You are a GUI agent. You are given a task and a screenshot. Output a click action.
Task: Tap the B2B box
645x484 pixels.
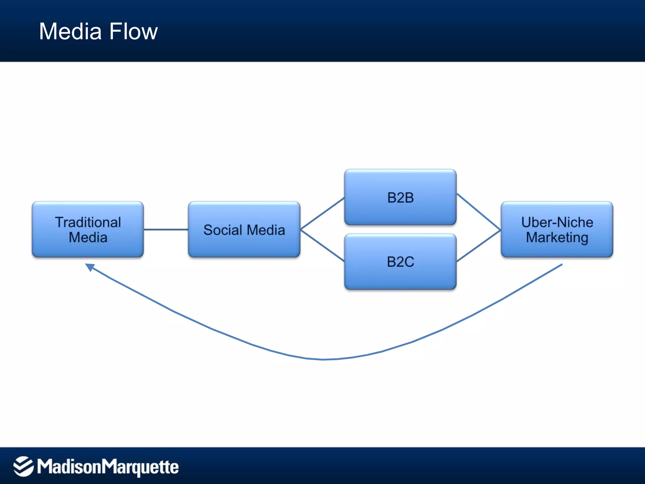point(400,197)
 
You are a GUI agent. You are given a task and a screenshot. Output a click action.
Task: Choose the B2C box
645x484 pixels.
point(400,262)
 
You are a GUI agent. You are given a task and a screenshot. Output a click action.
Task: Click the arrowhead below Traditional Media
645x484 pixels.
point(90,267)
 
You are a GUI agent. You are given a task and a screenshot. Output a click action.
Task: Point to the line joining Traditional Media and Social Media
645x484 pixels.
point(166,229)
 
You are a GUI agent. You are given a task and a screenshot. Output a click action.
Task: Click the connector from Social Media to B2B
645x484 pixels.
point(322,213)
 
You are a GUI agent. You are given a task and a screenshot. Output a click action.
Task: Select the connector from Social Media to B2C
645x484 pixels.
point(322,246)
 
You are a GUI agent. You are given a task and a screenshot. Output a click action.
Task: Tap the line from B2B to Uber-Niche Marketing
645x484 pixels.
point(479,211)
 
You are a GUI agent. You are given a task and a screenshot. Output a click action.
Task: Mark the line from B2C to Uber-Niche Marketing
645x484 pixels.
point(479,246)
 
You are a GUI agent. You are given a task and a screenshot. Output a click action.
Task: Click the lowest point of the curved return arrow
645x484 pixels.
point(323,359)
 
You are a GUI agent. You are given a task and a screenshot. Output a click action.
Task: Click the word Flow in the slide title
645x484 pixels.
point(134,32)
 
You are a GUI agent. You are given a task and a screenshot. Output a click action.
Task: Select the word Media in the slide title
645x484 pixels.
point(70,32)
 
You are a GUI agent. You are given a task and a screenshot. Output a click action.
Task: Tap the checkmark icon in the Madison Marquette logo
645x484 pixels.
point(23,466)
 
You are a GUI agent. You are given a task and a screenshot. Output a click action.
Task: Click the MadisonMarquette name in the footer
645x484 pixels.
point(108,467)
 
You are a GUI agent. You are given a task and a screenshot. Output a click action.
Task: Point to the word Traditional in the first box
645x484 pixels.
point(88,222)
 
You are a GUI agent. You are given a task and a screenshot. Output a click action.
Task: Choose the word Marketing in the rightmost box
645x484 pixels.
point(557,237)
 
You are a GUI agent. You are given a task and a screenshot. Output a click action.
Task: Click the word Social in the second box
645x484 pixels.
point(222,230)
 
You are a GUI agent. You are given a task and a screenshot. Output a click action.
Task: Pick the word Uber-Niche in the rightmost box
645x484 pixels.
point(557,222)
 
